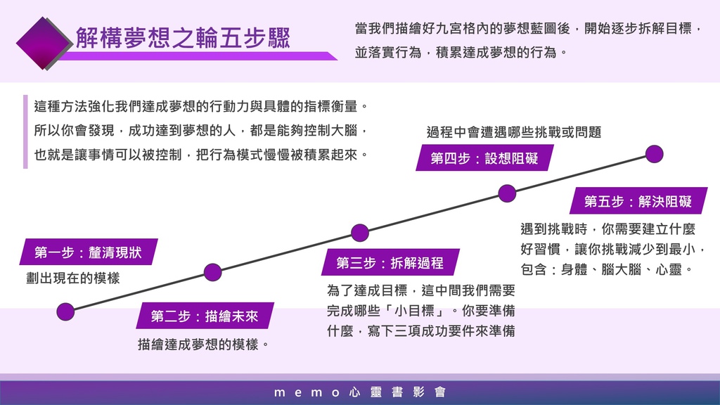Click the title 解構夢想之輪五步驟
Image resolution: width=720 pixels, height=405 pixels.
pyautogui.click(x=183, y=38)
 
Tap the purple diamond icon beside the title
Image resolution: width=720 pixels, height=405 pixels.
pyautogui.click(x=44, y=43)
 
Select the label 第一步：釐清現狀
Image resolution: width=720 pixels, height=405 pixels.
pyautogui.click(x=88, y=252)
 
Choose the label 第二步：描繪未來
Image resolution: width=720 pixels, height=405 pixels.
pyautogui.click(x=205, y=316)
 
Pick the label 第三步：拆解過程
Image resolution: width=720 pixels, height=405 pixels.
pyautogui.click(x=390, y=263)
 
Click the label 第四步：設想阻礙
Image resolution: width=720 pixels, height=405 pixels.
pyautogui.click(x=484, y=158)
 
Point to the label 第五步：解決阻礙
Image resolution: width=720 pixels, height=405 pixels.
pyautogui.click(x=638, y=201)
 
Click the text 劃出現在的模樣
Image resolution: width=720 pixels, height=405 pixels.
pyautogui.click(x=73, y=278)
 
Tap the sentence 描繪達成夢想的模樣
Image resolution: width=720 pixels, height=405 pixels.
pyautogui.click(x=203, y=345)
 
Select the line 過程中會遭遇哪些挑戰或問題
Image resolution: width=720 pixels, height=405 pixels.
pyautogui.click(x=514, y=132)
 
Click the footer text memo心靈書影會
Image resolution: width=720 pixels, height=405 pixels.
pyautogui.click(x=359, y=392)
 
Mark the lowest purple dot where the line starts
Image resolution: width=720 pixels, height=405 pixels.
pyautogui.click(x=65, y=311)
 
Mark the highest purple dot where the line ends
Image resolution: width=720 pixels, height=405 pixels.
pyautogui.click(x=655, y=154)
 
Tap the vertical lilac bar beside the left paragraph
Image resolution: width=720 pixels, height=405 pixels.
pyautogui.click(x=25, y=131)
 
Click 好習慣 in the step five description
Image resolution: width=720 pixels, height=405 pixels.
pyautogui.click(x=541, y=250)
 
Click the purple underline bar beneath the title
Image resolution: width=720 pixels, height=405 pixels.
pyautogui.click(x=198, y=56)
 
